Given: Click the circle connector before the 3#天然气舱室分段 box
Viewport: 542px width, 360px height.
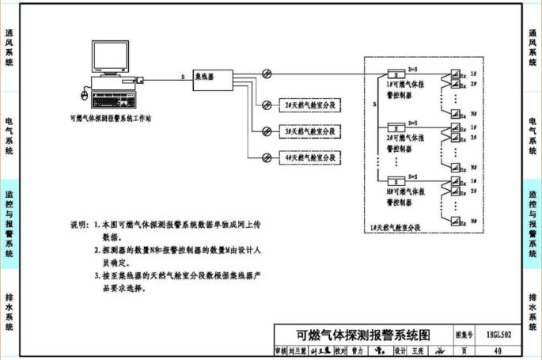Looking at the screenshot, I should pyautogui.click(x=255, y=131).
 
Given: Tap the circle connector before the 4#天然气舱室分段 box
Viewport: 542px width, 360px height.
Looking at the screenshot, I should pyautogui.click(x=255, y=157).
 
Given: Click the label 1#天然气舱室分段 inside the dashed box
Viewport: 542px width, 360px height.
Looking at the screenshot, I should pyautogui.click(x=395, y=228).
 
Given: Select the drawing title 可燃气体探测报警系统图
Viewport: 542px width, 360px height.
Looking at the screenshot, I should pyautogui.click(x=362, y=334).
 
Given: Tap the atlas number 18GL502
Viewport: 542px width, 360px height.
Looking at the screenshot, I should pyautogui.click(x=498, y=335).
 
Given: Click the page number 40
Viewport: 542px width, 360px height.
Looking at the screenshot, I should pyautogui.click(x=497, y=351).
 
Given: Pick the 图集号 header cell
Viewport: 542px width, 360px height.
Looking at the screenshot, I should pyautogui.click(x=464, y=335).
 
